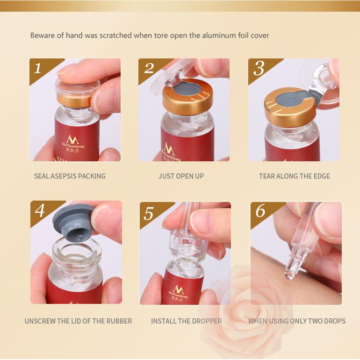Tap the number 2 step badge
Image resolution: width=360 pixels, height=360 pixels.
tap(148, 68)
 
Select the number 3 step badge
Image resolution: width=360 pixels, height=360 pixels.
tap(258, 68)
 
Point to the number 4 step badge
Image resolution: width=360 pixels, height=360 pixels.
tap(40, 211)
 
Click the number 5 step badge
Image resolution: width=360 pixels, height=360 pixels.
tap(149, 213)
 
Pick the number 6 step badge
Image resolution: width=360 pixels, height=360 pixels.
tap(260, 212)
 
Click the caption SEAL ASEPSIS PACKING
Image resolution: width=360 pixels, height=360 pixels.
tap(70, 176)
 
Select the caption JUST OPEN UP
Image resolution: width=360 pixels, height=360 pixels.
tap(181, 176)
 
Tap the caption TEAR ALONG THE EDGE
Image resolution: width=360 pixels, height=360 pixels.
tap(295, 176)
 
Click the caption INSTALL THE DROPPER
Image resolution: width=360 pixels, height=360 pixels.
tap(187, 321)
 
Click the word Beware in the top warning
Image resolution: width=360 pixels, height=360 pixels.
tap(42, 36)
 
